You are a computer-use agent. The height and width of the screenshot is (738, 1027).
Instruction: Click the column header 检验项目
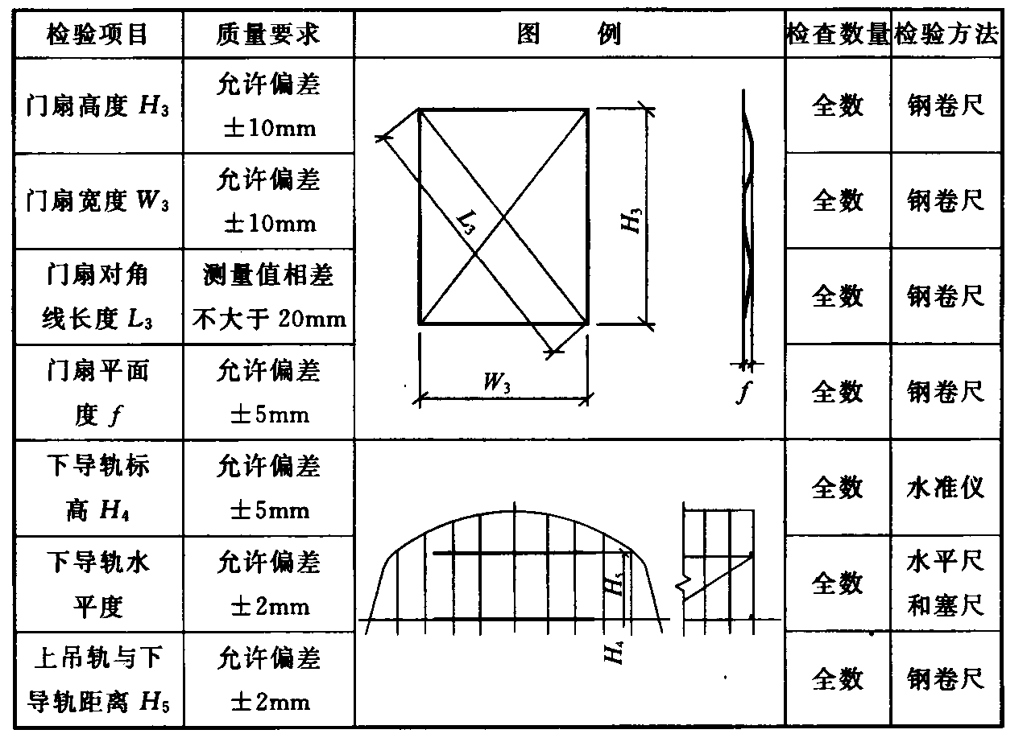pyautogui.click(x=97, y=34)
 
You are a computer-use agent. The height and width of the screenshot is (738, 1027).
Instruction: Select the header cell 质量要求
pyautogui.click(x=268, y=34)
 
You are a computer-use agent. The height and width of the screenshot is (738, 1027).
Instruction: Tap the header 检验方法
pyautogui.click(x=947, y=34)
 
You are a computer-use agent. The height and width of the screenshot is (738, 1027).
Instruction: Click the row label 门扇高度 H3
pyautogui.click(x=97, y=105)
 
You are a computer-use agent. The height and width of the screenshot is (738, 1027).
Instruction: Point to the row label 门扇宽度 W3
pyautogui.click(x=97, y=200)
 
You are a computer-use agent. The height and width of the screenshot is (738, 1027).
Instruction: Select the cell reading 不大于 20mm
pyautogui.click(x=269, y=319)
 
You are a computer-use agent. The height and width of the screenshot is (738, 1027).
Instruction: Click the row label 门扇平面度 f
pyautogui.click(x=97, y=393)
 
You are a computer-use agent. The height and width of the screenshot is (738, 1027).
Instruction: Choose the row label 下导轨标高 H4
pyautogui.click(x=97, y=488)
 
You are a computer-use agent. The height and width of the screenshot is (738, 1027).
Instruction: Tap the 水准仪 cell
pyautogui.click(x=946, y=488)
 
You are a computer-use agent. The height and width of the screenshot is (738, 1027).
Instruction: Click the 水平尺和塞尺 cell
pyautogui.click(x=946, y=583)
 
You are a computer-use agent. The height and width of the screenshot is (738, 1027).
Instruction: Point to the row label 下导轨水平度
pyautogui.click(x=97, y=583)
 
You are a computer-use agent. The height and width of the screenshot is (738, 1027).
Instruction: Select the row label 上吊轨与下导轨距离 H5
pyautogui.click(x=97, y=679)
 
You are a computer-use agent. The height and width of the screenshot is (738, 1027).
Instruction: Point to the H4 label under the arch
pyautogui.click(x=614, y=649)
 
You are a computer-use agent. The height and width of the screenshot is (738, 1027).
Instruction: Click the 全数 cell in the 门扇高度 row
pyautogui.click(x=838, y=105)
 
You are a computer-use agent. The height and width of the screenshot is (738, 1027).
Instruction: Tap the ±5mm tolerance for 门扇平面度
pyautogui.click(x=268, y=415)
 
